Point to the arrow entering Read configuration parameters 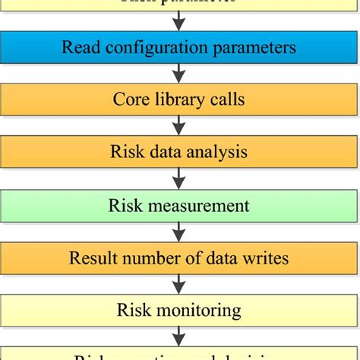[179, 21]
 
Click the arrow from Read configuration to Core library [179, 74]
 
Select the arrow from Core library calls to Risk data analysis [179, 126]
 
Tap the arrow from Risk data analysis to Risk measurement [179, 178]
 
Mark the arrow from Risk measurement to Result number [179, 232]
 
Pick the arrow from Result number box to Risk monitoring [179, 284]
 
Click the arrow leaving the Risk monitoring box [179, 336]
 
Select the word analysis [221, 153]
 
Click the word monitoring [198, 311]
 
